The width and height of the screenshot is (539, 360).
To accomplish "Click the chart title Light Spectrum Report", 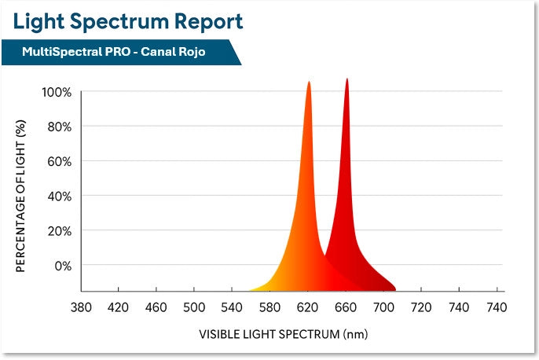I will coord(126,21).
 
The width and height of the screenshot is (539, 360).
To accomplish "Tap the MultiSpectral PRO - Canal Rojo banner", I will coord(119,53).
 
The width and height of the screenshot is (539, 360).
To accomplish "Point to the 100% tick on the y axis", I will coord(57,92).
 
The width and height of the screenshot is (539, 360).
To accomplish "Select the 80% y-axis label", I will coord(60,127).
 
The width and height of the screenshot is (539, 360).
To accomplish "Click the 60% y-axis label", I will coord(60,161).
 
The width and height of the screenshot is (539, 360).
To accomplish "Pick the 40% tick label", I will coord(60,196).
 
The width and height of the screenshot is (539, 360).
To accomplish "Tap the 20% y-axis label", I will coord(60,230).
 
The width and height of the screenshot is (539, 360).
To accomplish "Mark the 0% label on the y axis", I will coord(63,265).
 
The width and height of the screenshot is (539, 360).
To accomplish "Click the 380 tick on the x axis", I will coord(81,307).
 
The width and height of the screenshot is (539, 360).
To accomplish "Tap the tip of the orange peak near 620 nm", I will coord(309,83).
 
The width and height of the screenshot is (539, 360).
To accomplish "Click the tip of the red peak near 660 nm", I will coord(346,79).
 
